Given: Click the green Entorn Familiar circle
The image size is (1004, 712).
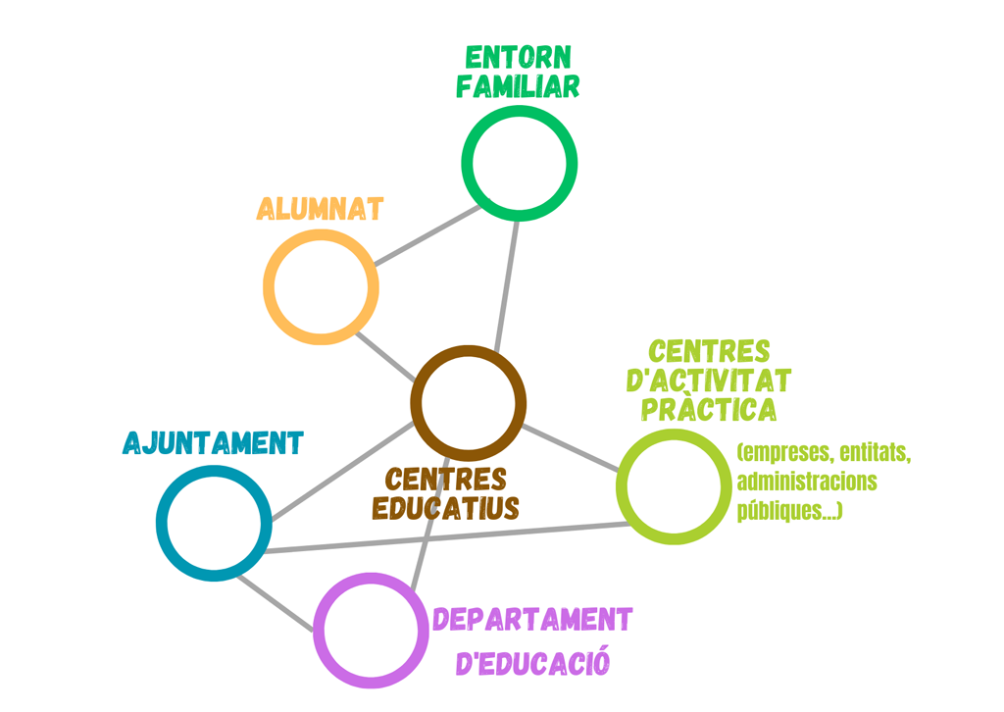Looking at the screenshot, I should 520,163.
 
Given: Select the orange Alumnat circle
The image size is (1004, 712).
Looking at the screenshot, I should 321,287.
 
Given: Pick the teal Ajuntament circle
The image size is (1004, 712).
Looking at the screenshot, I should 214,523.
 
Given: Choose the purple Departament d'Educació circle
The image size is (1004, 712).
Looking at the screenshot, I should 371,630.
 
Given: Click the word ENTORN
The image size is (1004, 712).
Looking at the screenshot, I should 518,57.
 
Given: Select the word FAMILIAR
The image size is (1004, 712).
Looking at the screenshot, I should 518,86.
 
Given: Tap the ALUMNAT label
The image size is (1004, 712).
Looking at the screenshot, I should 320,209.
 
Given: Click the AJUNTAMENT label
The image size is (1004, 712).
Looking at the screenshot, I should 213,443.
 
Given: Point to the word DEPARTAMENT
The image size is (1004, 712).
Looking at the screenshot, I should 532,620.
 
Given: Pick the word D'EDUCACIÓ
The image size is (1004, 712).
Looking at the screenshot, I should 532,662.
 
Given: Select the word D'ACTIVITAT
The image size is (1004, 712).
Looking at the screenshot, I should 709,380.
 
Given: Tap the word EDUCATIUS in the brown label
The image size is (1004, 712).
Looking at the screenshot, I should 446,509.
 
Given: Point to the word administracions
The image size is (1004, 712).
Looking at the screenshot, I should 806,483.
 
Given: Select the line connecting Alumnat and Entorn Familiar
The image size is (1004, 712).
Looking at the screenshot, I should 427,235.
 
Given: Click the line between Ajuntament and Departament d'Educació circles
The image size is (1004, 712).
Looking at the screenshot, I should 276,600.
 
